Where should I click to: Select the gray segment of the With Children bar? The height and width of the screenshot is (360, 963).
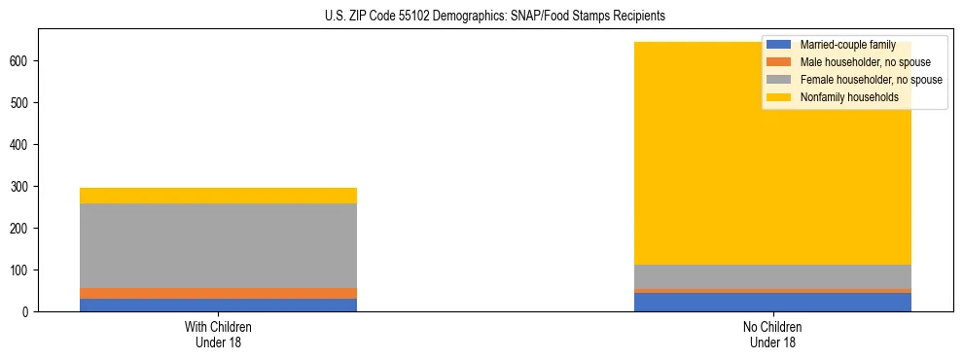(218, 245)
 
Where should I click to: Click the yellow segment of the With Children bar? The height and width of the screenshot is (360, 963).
(218, 196)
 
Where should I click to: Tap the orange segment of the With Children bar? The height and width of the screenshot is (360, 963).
(218, 293)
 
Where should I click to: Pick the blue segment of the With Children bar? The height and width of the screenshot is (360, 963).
(218, 305)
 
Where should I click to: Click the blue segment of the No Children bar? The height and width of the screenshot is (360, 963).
(772, 302)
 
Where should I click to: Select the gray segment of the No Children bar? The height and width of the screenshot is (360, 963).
(772, 276)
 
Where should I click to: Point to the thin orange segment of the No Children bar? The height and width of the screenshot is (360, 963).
(772, 290)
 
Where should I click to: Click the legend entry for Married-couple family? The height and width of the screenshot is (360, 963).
(847, 45)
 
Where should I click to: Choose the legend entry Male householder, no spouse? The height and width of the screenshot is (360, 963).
(859, 62)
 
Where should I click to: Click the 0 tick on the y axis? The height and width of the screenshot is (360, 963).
(28, 311)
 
